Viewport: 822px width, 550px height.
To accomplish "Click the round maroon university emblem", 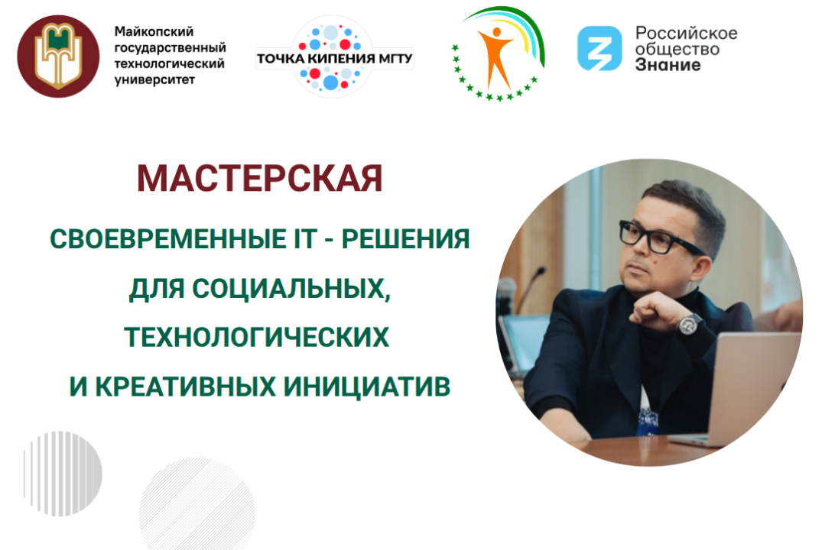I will tap(59, 57).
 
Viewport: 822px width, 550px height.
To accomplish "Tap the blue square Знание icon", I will tap(599, 48).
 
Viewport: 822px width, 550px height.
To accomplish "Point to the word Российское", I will tap(687, 33).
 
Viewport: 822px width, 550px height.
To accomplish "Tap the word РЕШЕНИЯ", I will tap(405, 240).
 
